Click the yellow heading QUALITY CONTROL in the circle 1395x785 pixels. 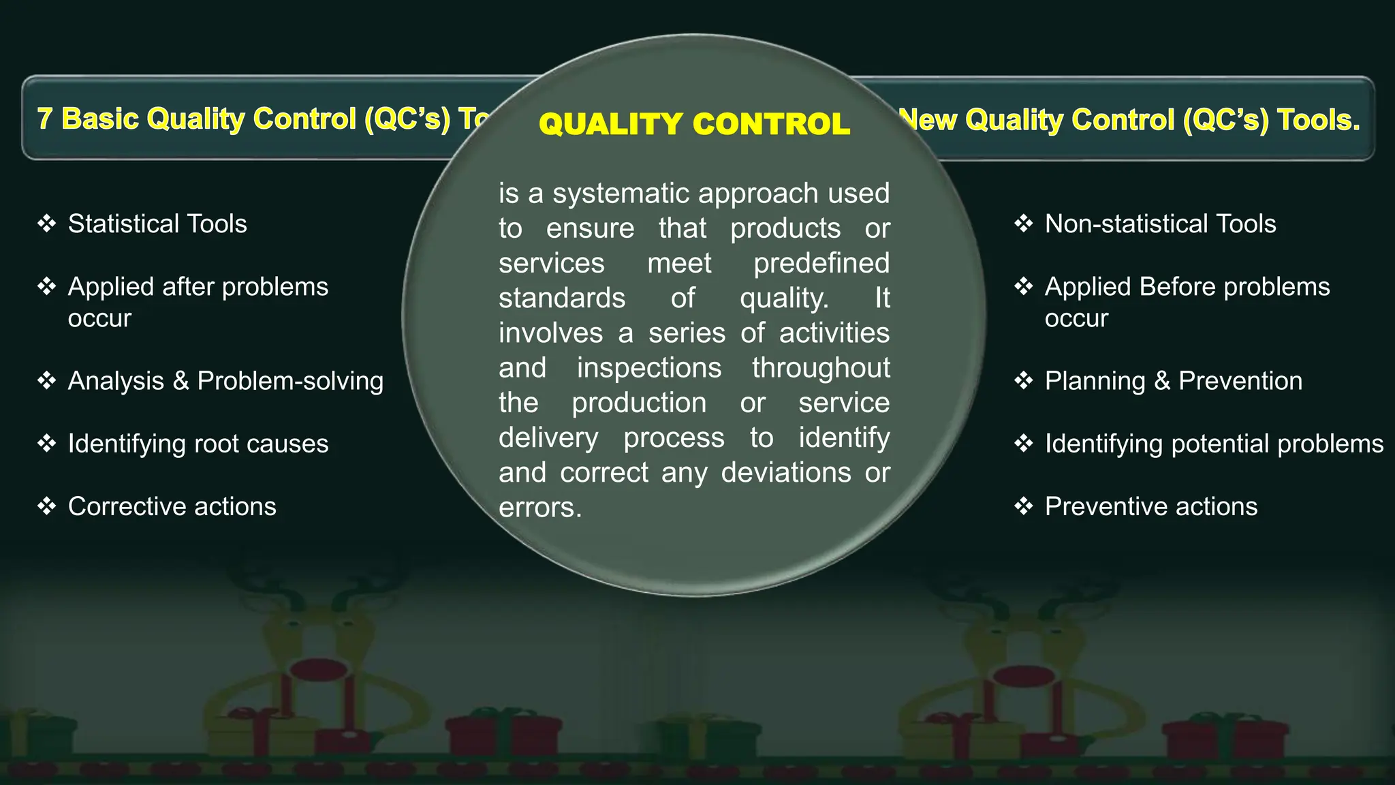(x=694, y=124)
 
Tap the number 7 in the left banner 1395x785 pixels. (x=44, y=119)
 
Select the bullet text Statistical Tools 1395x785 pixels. (x=157, y=224)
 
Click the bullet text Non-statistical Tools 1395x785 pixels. (x=1160, y=224)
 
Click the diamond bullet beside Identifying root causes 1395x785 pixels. (x=46, y=444)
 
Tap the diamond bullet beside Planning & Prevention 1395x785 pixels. (x=1023, y=380)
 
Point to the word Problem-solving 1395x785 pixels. (x=290, y=381)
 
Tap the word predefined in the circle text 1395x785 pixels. (x=821, y=263)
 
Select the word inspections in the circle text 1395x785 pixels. (x=648, y=368)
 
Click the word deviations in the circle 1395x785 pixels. (x=785, y=472)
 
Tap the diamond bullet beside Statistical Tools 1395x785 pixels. (x=46, y=224)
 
